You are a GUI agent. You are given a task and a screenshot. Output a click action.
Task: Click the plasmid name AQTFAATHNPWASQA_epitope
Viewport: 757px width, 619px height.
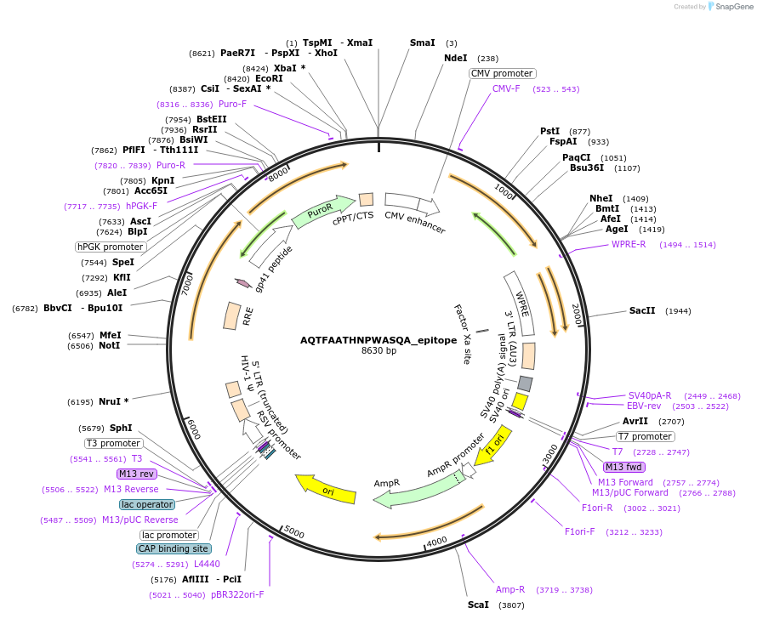(x=378, y=339)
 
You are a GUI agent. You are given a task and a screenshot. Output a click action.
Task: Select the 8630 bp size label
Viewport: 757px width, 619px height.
(x=378, y=350)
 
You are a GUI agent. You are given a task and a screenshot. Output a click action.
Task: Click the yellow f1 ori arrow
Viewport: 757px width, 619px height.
(x=492, y=446)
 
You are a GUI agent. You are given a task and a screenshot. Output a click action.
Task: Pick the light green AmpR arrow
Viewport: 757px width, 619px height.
(x=417, y=491)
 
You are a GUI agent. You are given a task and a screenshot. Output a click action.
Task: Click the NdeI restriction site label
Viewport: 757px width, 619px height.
(x=455, y=59)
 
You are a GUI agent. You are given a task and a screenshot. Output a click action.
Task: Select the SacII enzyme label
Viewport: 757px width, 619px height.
(x=642, y=311)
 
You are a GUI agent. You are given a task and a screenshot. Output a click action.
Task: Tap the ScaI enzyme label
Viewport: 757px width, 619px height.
(x=478, y=605)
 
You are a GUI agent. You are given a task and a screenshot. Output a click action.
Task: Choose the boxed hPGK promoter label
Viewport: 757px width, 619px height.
(x=110, y=247)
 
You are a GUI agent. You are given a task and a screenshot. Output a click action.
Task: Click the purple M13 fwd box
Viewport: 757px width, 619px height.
(x=623, y=467)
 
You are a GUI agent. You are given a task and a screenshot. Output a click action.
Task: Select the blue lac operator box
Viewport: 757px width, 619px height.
(x=147, y=504)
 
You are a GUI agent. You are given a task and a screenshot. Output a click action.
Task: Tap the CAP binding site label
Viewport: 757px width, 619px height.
(x=174, y=548)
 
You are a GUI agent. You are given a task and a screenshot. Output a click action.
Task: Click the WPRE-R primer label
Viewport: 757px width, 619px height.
(x=629, y=244)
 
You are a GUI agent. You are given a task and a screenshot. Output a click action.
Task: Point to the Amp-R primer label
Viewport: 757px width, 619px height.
(x=510, y=589)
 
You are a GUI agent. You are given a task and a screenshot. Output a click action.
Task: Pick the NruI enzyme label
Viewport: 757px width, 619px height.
(x=114, y=401)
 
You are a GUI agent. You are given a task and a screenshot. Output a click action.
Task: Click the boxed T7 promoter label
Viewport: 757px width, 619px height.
(x=645, y=436)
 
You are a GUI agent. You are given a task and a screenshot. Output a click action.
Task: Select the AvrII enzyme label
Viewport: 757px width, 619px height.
(x=635, y=421)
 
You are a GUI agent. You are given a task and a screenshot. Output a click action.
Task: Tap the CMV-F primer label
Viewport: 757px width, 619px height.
(x=506, y=88)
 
